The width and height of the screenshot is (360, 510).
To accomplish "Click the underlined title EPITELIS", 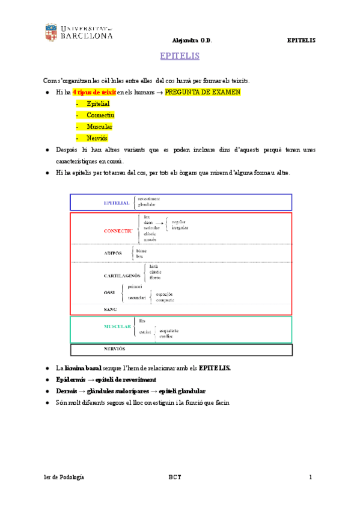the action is (180, 57).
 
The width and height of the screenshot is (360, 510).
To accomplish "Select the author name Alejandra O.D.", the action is (192, 40).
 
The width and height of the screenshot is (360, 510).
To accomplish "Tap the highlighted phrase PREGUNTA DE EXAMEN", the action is (203, 92).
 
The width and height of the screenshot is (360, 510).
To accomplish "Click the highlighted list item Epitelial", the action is (98, 103).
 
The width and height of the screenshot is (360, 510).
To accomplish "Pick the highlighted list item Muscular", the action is (99, 126).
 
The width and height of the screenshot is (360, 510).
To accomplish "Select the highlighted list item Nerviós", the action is (98, 138).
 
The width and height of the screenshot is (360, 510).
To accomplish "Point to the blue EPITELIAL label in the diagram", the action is (116, 203).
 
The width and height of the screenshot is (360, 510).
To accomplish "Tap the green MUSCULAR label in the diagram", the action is (117, 326).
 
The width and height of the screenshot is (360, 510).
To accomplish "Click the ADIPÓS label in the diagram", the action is (112, 253).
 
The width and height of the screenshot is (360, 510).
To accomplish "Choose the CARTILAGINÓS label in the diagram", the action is (121, 275).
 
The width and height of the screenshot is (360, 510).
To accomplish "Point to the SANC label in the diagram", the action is (111, 308).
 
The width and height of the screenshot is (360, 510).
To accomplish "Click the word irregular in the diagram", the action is (180, 228).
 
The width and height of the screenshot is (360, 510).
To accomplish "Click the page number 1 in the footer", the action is (311, 477).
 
